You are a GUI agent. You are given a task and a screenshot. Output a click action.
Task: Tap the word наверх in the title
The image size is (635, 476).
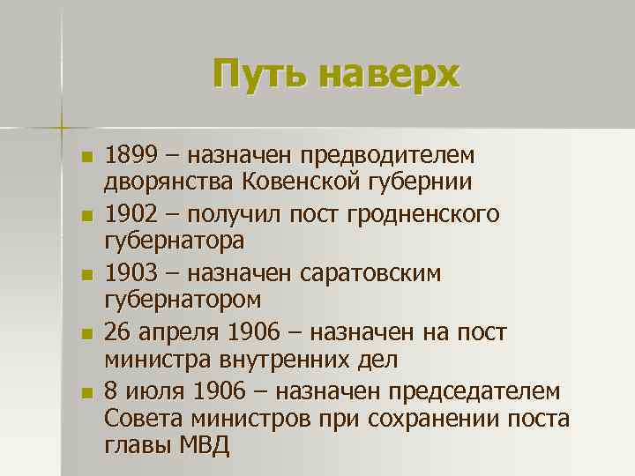pos(389,74)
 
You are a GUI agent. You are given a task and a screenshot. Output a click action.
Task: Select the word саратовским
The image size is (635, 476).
pos(381,273)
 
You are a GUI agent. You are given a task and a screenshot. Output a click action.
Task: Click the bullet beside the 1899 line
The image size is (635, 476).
pos(85,158)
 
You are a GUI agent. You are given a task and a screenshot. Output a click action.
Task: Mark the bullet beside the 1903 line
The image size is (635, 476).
pos(85,275)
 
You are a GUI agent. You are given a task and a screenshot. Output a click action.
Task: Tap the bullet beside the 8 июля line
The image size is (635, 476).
pos(85,392)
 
